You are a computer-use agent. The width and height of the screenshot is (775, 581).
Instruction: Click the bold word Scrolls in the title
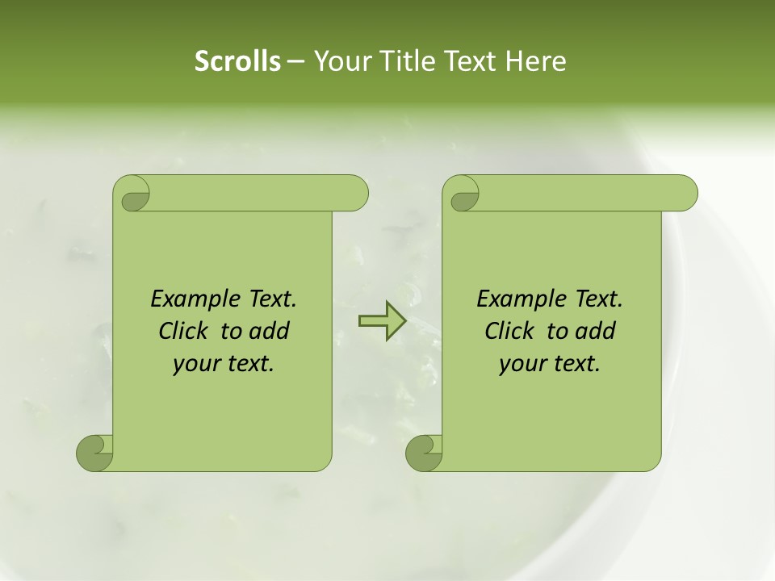click(237, 61)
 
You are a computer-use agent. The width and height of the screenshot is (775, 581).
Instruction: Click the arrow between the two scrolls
click(381, 321)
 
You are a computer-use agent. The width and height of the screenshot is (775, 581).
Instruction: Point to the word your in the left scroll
click(194, 365)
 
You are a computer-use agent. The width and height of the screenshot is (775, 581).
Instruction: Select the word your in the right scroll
click(520, 365)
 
